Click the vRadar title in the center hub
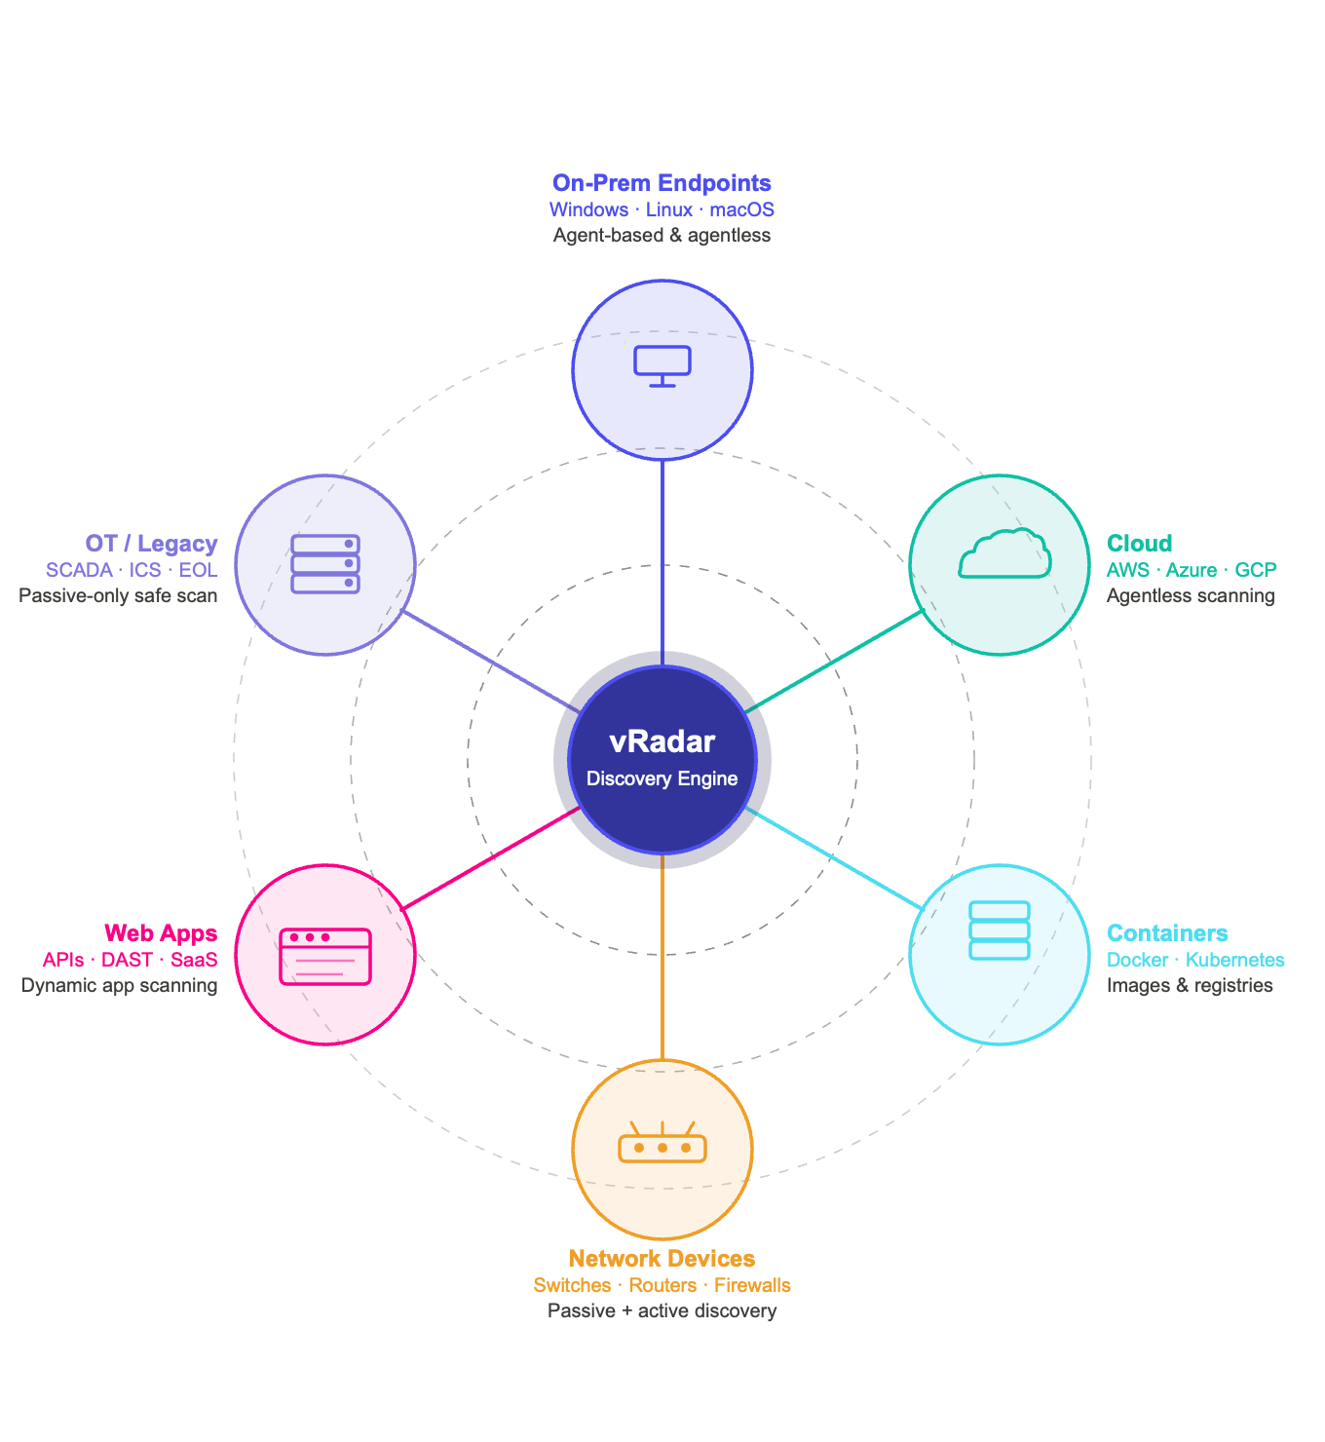[662, 741]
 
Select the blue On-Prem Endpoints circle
[662, 370]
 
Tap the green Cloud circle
[1000, 565]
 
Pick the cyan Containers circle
[1000, 955]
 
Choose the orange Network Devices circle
[662, 1150]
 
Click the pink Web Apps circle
[325, 955]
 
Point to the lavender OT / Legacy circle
[325, 565]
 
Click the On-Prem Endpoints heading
[662, 183]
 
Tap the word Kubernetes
[1234, 960]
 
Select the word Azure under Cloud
[1192, 570]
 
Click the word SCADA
[79, 570]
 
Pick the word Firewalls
[752, 1285]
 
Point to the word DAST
[127, 960]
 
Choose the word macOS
[741, 209]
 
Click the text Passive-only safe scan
[118, 595]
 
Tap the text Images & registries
[1190, 985]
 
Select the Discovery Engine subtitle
[662, 778]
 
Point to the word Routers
[662, 1285]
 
